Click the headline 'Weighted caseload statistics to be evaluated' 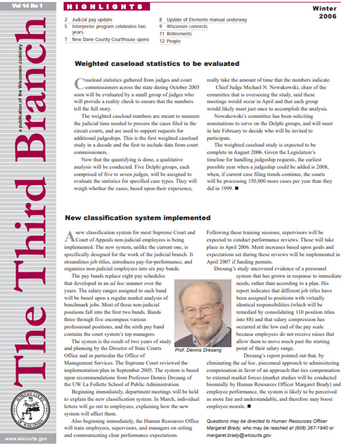pyautogui.click(x=156, y=63)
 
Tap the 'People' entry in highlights pyautogui.click(x=175, y=42)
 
